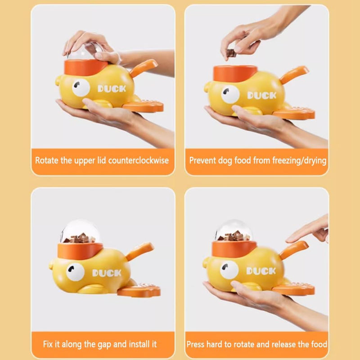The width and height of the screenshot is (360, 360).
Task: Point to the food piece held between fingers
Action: pos(231,53)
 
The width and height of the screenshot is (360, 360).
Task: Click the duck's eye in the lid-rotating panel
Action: pos(81,88)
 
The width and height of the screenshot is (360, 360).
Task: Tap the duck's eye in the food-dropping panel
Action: pos(230,94)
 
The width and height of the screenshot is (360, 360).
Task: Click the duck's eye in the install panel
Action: pos(75,272)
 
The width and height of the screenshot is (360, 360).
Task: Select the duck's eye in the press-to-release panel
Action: pos(229,270)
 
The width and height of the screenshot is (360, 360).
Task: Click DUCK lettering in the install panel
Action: pos(107,273)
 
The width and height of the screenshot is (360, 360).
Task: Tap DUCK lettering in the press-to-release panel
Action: pos(261,271)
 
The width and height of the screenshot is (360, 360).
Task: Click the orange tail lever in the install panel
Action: pos(140,251)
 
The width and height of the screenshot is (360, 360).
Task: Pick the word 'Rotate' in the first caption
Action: pos(47,160)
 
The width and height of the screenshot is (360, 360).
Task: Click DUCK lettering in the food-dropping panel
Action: pos(261,95)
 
